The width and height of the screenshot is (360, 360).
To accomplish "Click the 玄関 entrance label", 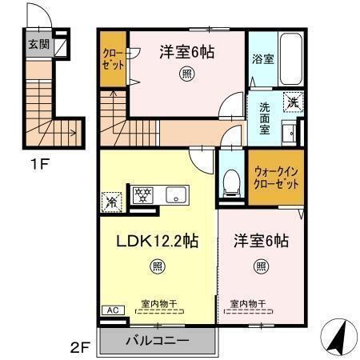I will pos(38,45).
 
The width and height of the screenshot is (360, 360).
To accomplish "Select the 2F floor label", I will pos(80,348).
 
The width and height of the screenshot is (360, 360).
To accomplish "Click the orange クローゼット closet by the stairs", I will pos(113,59).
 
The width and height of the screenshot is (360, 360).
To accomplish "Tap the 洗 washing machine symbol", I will pos(293,102).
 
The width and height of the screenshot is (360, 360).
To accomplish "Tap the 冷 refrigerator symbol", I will pos(112,202).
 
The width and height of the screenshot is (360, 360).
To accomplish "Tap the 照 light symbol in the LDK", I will pos(158,266).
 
